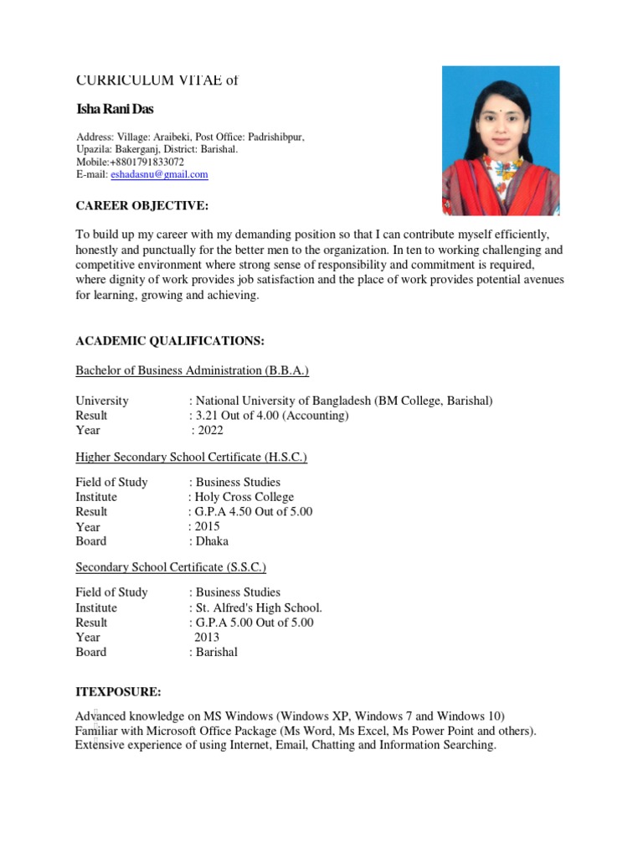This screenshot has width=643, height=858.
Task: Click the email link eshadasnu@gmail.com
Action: pyautogui.click(x=159, y=174)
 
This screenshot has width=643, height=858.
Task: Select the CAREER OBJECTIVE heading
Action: pyautogui.click(x=141, y=206)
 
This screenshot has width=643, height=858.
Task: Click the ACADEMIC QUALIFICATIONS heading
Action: pyautogui.click(x=170, y=341)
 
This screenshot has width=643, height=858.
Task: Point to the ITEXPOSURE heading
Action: pyautogui.click(x=118, y=692)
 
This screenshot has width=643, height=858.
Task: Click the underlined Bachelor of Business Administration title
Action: pyautogui.click(x=193, y=370)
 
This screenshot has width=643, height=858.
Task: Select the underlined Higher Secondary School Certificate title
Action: pyautogui.click(x=192, y=457)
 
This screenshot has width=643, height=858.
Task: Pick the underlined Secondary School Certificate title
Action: pyautogui.click(x=171, y=567)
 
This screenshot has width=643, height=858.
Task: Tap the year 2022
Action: pyautogui.click(x=210, y=431)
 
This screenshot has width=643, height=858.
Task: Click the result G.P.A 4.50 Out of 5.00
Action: pyautogui.click(x=254, y=512)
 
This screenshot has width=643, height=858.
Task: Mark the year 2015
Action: pyautogui.click(x=208, y=527)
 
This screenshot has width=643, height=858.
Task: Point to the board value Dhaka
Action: pyautogui.click(x=212, y=541)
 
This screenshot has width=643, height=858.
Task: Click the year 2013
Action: pyautogui.click(x=208, y=637)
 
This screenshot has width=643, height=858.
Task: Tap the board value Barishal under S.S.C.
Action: pyautogui.click(x=217, y=652)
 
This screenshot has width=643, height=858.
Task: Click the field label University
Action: pyautogui.click(x=102, y=401)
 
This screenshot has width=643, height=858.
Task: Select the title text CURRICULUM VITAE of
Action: pyautogui.click(x=157, y=80)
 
